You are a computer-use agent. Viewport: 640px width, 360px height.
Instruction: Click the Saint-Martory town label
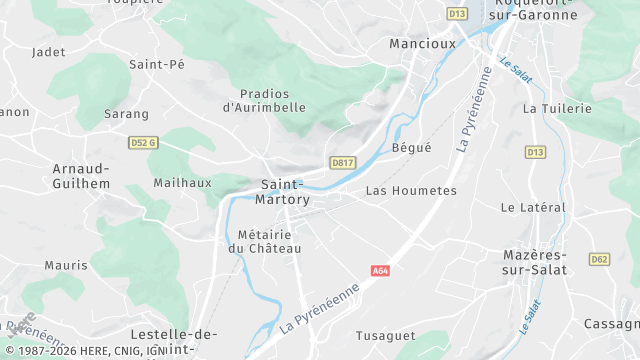coord(285,192)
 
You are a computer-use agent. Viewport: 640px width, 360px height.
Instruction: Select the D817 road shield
coord(343,162)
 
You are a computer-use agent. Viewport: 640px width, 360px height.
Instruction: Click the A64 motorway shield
coord(380,270)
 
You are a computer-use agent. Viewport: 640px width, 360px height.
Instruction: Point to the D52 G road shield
coord(144,143)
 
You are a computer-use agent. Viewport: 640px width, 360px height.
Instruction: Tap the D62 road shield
coord(599,259)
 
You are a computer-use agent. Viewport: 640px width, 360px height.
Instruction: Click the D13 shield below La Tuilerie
coord(536,152)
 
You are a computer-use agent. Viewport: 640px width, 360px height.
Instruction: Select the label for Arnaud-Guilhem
coord(80,177)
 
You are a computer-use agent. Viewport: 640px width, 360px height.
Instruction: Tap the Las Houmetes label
coord(411,190)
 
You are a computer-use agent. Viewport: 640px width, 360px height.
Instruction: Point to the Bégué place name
coord(412,147)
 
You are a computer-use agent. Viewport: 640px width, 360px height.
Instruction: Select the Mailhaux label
coord(183,183)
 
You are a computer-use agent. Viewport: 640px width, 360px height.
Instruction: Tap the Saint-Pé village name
coord(157,64)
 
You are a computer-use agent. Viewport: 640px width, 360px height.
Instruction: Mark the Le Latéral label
coord(533,207)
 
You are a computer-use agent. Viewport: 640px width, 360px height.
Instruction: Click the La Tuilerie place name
coord(557,108)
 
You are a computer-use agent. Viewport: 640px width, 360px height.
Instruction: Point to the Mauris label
coord(66,266)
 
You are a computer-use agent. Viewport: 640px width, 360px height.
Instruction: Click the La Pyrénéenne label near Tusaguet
coord(319,307)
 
